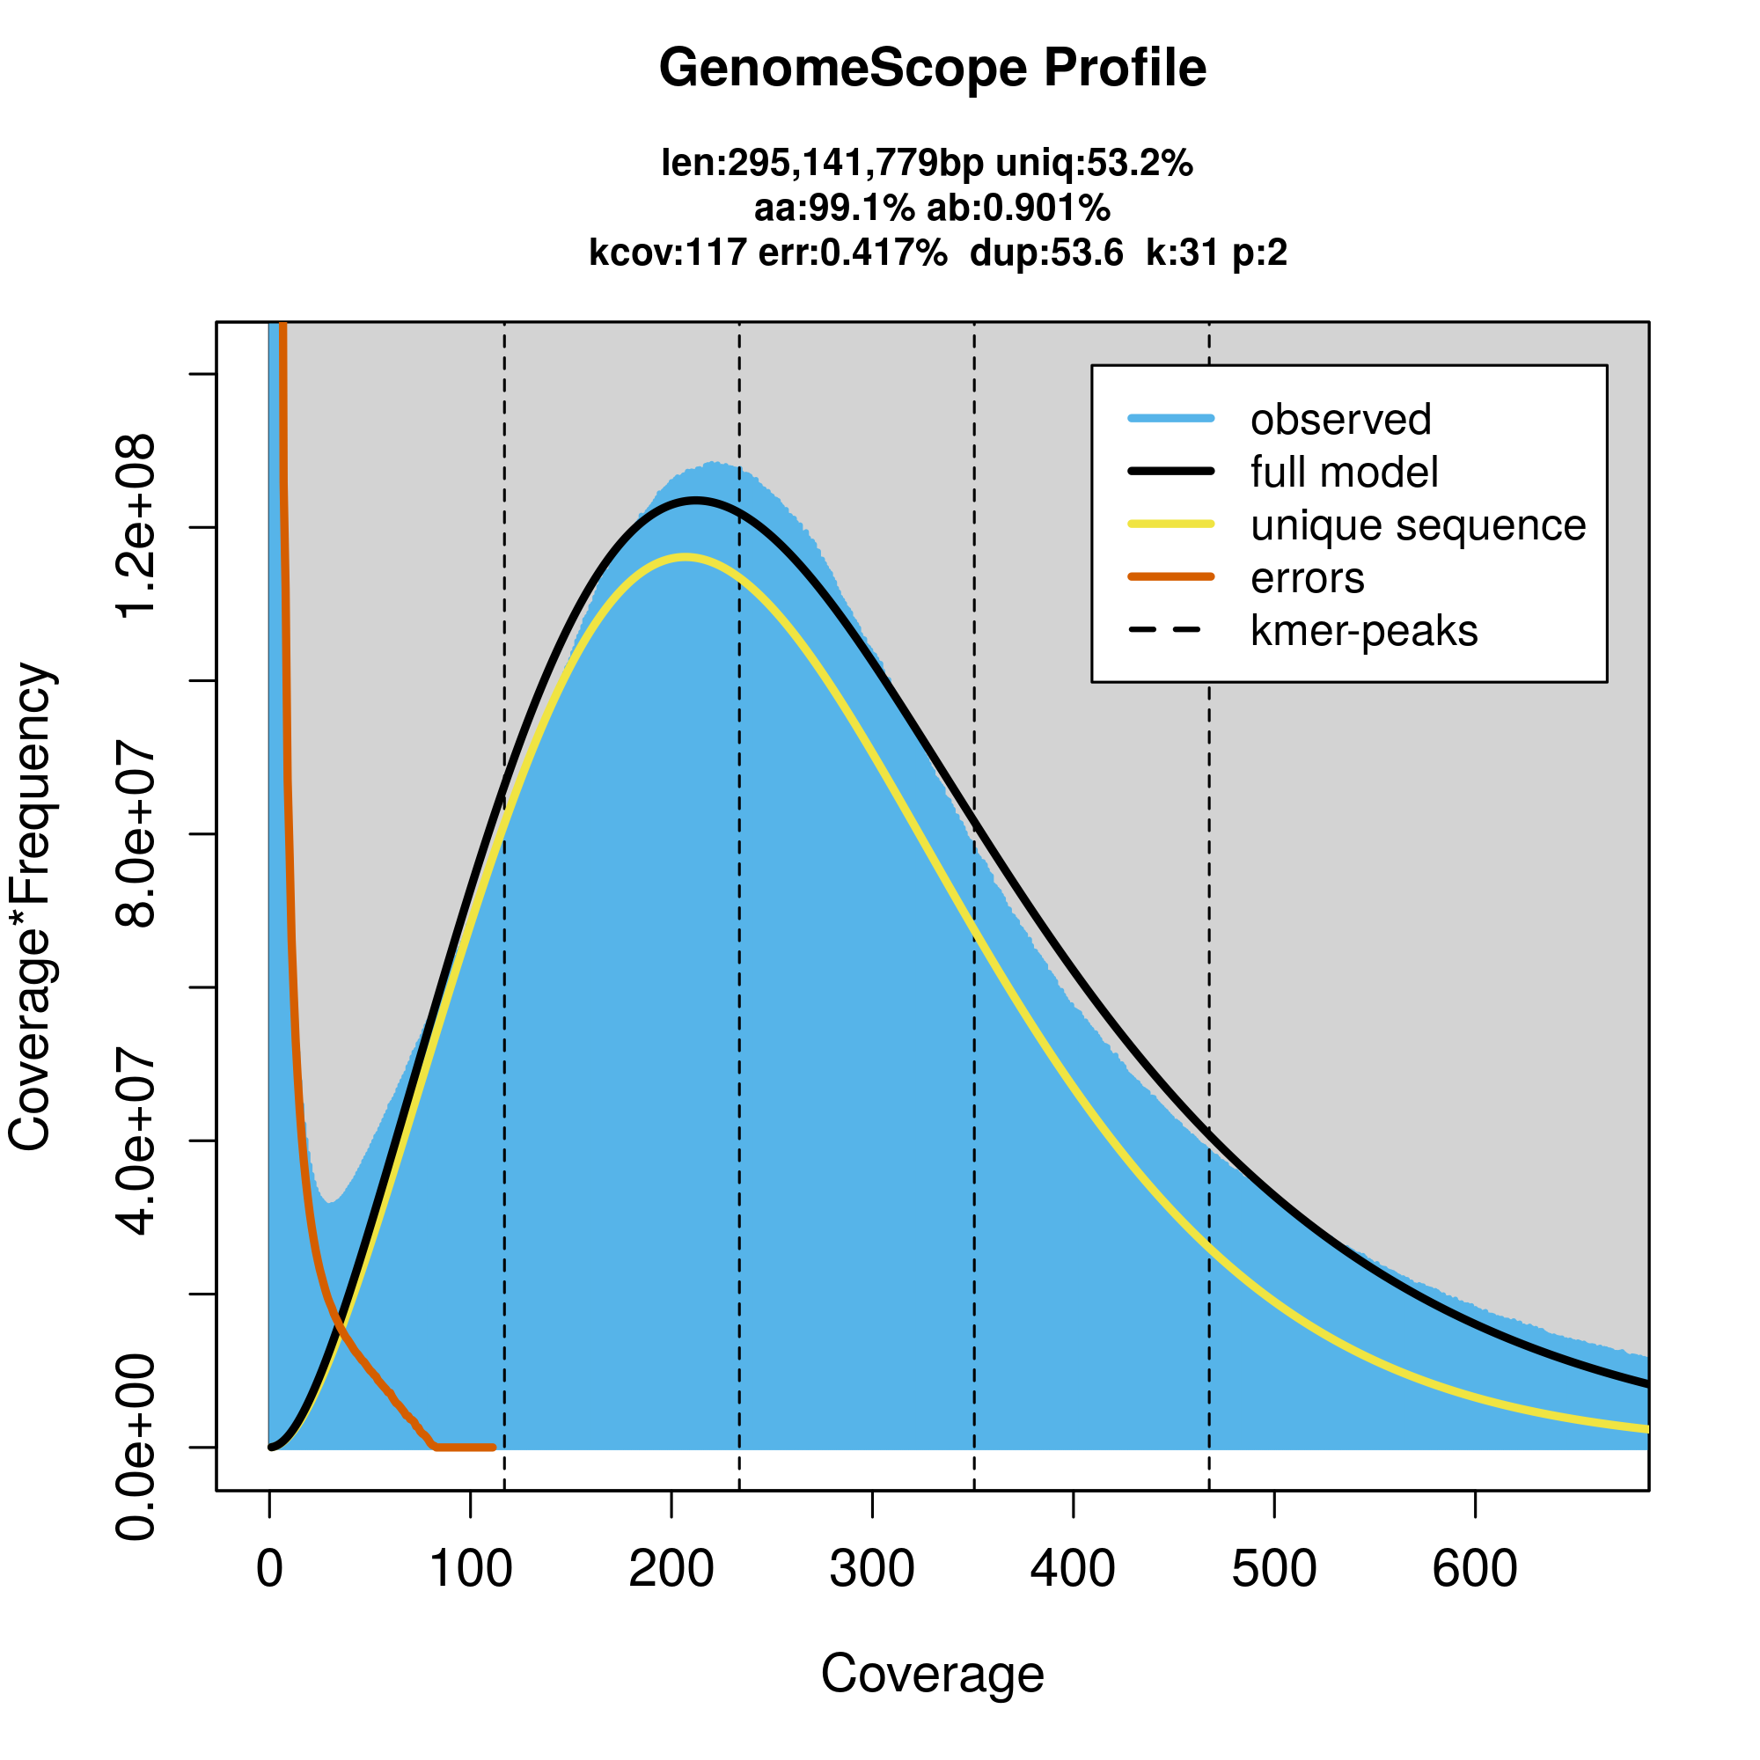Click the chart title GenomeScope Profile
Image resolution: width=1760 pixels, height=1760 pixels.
932,69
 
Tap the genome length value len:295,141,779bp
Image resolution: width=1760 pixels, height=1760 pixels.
822,164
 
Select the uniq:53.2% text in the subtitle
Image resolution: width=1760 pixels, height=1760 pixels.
1094,164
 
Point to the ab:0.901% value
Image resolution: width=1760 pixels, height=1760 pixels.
1018,209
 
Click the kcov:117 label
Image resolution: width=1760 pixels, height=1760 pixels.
668,253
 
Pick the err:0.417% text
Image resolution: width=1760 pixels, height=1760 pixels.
852,253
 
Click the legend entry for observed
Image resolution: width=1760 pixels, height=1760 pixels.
1340,420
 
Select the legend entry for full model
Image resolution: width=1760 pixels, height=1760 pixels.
1344,473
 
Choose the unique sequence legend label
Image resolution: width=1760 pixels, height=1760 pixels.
1418,525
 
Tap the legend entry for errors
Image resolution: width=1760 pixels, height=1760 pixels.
1308,578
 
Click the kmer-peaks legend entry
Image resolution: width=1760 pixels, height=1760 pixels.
1364,631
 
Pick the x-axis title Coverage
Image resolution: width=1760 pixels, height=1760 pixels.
932,1674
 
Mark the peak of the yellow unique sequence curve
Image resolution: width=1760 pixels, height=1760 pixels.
685,557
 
